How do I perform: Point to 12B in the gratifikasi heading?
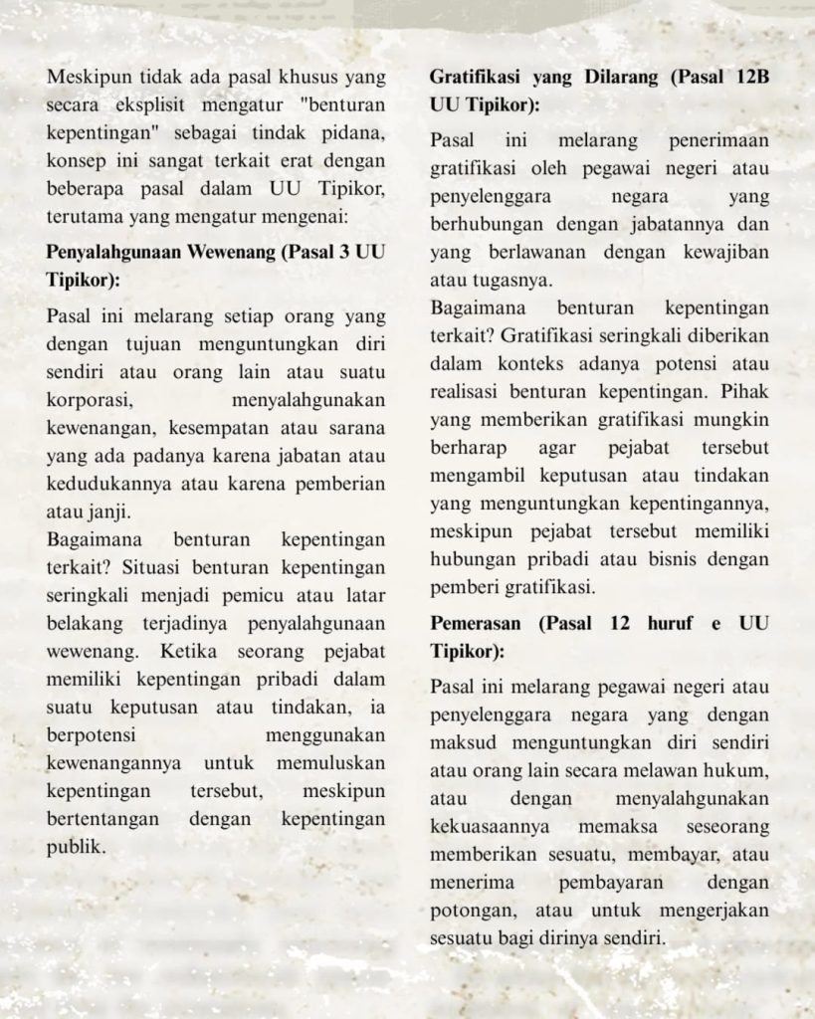coord(747,77)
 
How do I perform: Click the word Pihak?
coord(746,364)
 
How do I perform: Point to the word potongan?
coord(471,910)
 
